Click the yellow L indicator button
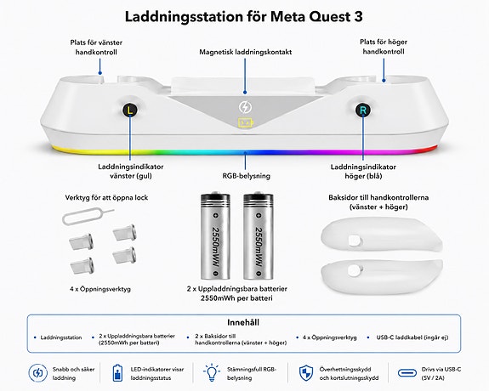(x=130, y=110)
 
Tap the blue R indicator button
(x=363, y=110)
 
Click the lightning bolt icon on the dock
(x=245, y=107)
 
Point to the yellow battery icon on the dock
(x=246, y=123)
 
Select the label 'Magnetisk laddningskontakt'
(x=246, y=52)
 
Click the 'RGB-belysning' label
(x=246, y=176)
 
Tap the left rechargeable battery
(x=215, y=235)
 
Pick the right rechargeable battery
(x=259, y=235)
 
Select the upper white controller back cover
(x=381, y=235)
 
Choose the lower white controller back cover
(x=381, y=277)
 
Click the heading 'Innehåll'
(x=243, y=322)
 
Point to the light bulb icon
(x=212, y=372)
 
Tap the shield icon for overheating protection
(x=306, y=373)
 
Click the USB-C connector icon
(x=407, y=373)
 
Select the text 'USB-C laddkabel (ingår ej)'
(x=412, y=337)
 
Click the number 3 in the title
(x=358, y=16)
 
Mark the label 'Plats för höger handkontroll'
(x=384, y=47)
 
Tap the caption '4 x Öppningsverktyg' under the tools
(x=100, y=289)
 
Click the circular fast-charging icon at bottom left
(x=37, y=373)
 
